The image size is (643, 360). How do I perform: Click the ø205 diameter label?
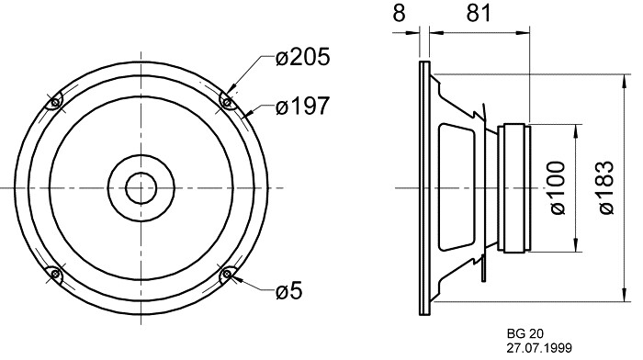(302, 57)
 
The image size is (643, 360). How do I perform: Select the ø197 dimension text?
(302, 106)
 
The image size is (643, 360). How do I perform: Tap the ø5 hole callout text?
(288, 291)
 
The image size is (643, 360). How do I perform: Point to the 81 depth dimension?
(479, 14)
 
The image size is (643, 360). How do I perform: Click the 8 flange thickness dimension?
(399, 14)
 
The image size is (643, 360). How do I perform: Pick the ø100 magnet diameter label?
(558, 187)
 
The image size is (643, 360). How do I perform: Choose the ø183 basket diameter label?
(606, 187)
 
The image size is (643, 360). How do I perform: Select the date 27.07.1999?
(539, 348)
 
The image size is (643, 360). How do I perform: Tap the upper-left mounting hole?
(55, 102)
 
